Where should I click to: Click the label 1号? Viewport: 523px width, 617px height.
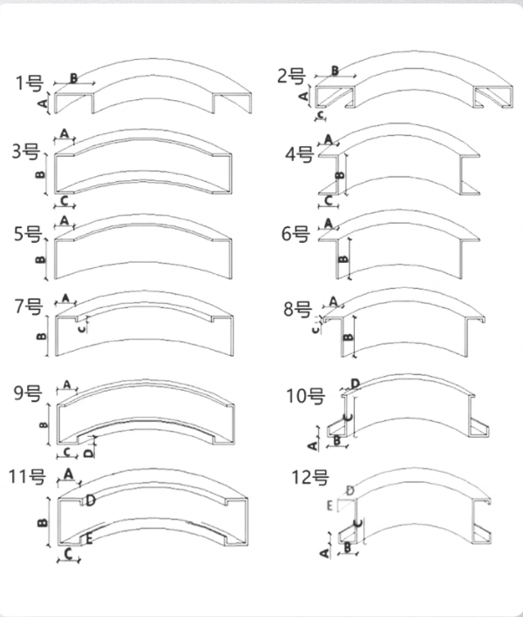coord(30,84)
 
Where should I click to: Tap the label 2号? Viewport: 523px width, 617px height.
coord(290,76)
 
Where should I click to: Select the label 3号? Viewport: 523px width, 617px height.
coord(25,152)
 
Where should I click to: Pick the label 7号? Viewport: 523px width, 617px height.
coord(28,305)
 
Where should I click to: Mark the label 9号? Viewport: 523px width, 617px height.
coord(26,392)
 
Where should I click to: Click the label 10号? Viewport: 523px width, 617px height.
coord(305,397)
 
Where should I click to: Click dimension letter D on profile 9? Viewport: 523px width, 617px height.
coord(92,452)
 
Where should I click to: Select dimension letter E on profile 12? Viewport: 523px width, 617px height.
coord(329,505)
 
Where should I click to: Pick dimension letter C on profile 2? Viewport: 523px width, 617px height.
coord(322,113)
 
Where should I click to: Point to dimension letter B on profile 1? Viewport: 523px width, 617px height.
coord(73,78)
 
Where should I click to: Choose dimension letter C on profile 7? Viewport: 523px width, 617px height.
coord(82,328)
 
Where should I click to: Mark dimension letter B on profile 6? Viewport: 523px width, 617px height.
coord(343,258)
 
